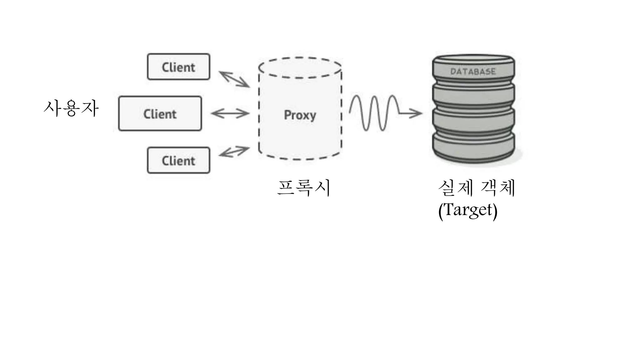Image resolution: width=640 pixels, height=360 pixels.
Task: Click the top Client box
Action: tap(178, 67)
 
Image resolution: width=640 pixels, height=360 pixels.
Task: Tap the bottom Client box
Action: tap(178, 160)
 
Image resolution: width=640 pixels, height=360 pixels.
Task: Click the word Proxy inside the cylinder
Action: tap(300, 115)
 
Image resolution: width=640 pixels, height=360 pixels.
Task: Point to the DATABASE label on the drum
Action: tap(473, 72)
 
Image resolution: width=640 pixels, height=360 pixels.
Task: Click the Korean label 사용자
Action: tap(71, 108)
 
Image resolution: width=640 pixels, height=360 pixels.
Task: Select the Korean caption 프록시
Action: tap(304, 188)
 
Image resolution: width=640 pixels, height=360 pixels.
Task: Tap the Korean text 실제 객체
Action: tap(476, 188)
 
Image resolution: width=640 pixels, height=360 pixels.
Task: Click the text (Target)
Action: tap(467, 210)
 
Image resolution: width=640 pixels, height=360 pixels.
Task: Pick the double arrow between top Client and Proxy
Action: tap(234, 79)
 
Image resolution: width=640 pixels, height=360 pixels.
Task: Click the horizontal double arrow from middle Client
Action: tap(230, 113)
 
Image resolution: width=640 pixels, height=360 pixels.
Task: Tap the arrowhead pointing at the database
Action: tap(417, 113)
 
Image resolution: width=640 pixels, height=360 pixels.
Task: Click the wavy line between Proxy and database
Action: tap(373, 112)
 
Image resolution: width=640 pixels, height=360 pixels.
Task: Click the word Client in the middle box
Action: tap(160, 114)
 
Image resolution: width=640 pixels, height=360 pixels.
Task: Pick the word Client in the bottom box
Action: tap(178, 161)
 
